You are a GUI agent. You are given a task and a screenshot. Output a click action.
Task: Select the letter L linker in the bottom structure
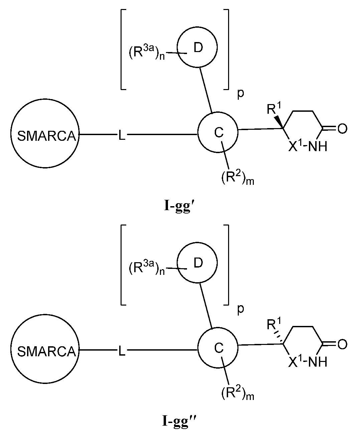tap(122, 351)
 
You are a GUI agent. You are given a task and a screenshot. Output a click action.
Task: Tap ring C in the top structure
tap(218, 132)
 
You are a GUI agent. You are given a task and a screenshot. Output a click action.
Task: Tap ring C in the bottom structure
tap(218, 348)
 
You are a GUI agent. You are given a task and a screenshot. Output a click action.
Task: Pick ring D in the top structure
tap(197, 48)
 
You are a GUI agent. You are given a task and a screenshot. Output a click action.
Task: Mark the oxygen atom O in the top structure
tap(343, 129)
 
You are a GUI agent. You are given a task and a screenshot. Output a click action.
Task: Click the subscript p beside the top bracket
tap(240, 94)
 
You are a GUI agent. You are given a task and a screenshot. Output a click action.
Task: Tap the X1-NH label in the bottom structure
tap(308, 362)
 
